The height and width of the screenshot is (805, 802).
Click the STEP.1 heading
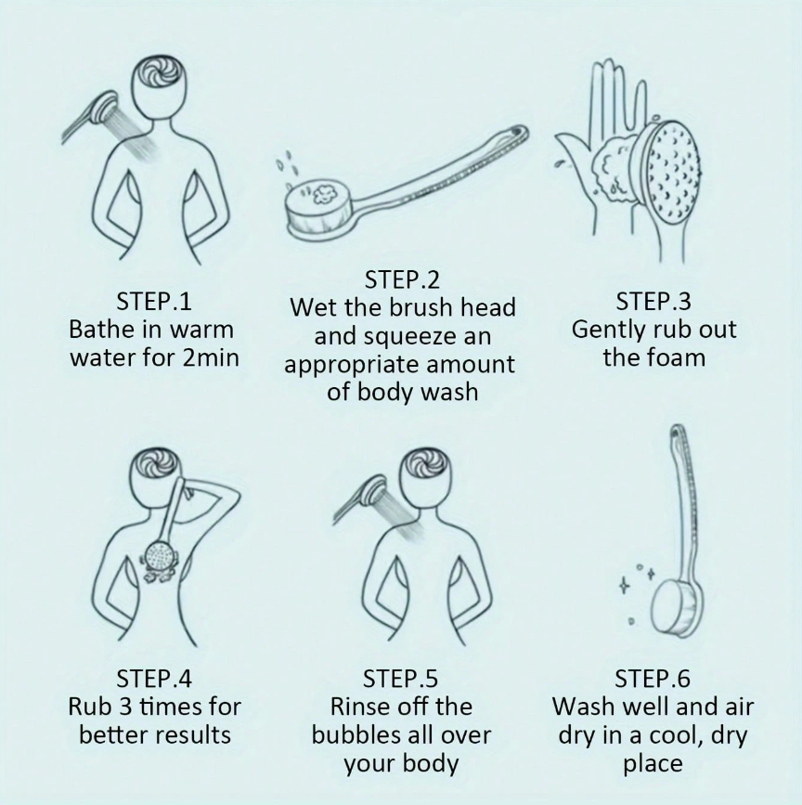154,302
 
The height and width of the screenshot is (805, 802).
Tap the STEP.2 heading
402,280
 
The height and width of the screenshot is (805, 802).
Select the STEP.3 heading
653,302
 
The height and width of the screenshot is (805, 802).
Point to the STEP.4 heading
154,679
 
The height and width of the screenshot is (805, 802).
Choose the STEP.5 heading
400,679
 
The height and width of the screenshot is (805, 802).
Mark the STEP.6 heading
653,679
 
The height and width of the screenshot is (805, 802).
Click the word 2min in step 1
211,357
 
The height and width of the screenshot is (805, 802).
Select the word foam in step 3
679,357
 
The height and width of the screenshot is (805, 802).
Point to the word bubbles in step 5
347,735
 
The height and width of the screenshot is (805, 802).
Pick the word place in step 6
653,763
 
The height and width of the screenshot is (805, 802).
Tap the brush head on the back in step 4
160,556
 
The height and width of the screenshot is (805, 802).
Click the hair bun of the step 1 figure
158,77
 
